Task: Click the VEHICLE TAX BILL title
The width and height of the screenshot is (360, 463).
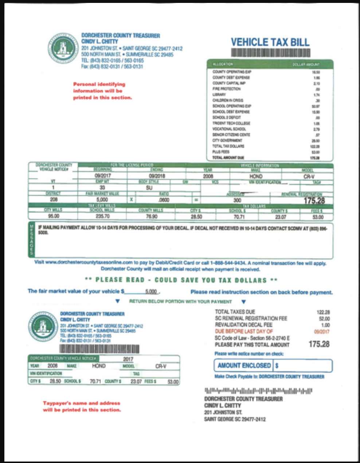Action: point(270,41)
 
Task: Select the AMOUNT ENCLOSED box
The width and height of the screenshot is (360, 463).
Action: point(273,365)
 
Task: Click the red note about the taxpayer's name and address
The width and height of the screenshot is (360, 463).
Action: point(82,406)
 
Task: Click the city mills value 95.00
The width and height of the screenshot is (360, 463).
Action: point(51,216)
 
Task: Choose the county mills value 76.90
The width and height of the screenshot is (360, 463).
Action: point(150,216)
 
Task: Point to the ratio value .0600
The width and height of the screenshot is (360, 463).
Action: point(163,200)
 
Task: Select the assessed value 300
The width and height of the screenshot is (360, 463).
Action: point(237,200)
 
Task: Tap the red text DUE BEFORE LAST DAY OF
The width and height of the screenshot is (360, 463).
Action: point(244,331)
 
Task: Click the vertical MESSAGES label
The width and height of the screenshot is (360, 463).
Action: point(32,240)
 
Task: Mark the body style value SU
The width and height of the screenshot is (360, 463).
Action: point(149,188)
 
